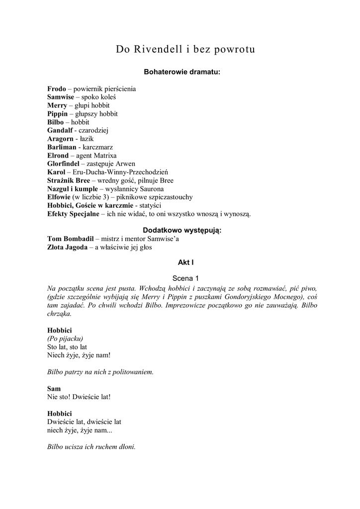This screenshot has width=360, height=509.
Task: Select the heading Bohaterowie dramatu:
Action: click(181, 72)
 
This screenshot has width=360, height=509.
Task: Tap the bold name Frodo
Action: click(56, 89)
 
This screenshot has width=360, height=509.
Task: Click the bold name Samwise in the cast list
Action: click(61, 97)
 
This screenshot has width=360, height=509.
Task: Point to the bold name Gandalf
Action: click(60, 131)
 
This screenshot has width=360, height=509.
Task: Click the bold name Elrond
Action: click(58, 156)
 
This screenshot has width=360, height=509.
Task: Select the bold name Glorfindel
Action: click(63, 164)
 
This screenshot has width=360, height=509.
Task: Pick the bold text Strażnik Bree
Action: click(68, 181)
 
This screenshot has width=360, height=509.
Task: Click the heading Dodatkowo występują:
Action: click(182, 231)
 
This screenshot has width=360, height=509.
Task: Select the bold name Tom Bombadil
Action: click(70, 239)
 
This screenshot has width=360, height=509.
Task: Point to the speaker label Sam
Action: click(54, 388)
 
